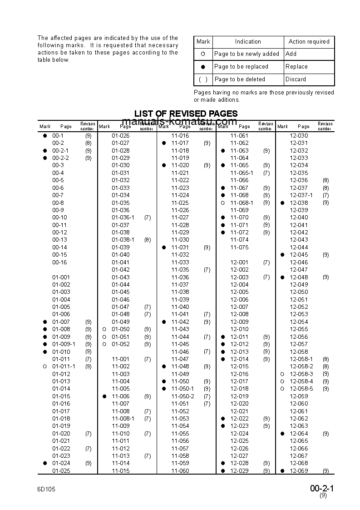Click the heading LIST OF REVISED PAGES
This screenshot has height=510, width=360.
pyautogui.click(x=186, y=114)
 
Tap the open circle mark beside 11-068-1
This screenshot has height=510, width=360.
pyautogui.click(x=223, y=203)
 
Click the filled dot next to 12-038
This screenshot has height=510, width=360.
pyautogui.click(x=282, y=203)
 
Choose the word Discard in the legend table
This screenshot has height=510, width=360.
pyautogui.click(x=296, y=79)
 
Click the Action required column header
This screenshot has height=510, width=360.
pyautogui.click(x=309, y=42)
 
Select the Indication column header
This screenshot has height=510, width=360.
pyautogui.click(x=248, y=42)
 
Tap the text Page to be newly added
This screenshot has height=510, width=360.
pyautogui.click(x=247, y=54)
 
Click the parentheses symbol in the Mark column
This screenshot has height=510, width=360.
pyautogui.click(x=203, y=79)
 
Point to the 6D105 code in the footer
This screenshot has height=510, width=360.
pyautogui.click(x=46, y=489)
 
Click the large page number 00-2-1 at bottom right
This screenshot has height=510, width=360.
pyautogui.click(x=322, y=489)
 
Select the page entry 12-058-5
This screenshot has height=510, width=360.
pyautogui.click(x=301, y=389)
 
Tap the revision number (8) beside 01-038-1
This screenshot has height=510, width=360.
pyautogui.click(x=148, y=240)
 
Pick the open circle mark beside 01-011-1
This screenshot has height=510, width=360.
pyautogui.click(x=45, y=366)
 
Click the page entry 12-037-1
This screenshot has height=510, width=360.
pyautogui.click(x=301, y=195)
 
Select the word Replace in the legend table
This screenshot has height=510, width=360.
pyautogui.click(x=296, y=66)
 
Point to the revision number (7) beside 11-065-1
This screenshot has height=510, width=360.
pyautogui.click(x=266, y=173)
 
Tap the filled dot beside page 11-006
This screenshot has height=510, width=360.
pyautogui.click(x=104, y=396)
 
